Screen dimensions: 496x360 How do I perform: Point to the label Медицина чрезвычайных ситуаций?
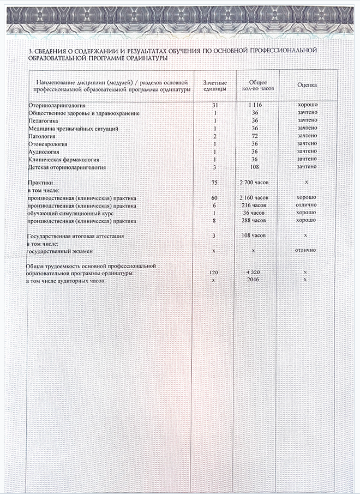pos(73,128)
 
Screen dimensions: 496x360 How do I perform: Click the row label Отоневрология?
pos(47,144)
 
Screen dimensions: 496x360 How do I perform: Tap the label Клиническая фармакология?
pos(63,159)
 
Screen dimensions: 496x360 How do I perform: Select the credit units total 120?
pos(215,271)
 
